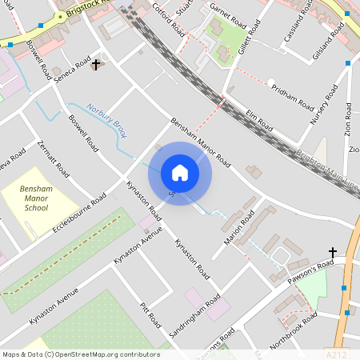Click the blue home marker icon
tap(180, 173)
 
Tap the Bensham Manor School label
tap(36, 196)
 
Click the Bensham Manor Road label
tap(200, 143)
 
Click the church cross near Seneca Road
tap(97, 63)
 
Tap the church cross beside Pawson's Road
tap(333, 252)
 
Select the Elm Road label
tap(260, 121)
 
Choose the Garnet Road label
tap(225, 9)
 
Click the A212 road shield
tap(337, 351)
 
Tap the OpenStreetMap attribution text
tap(80, 354)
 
